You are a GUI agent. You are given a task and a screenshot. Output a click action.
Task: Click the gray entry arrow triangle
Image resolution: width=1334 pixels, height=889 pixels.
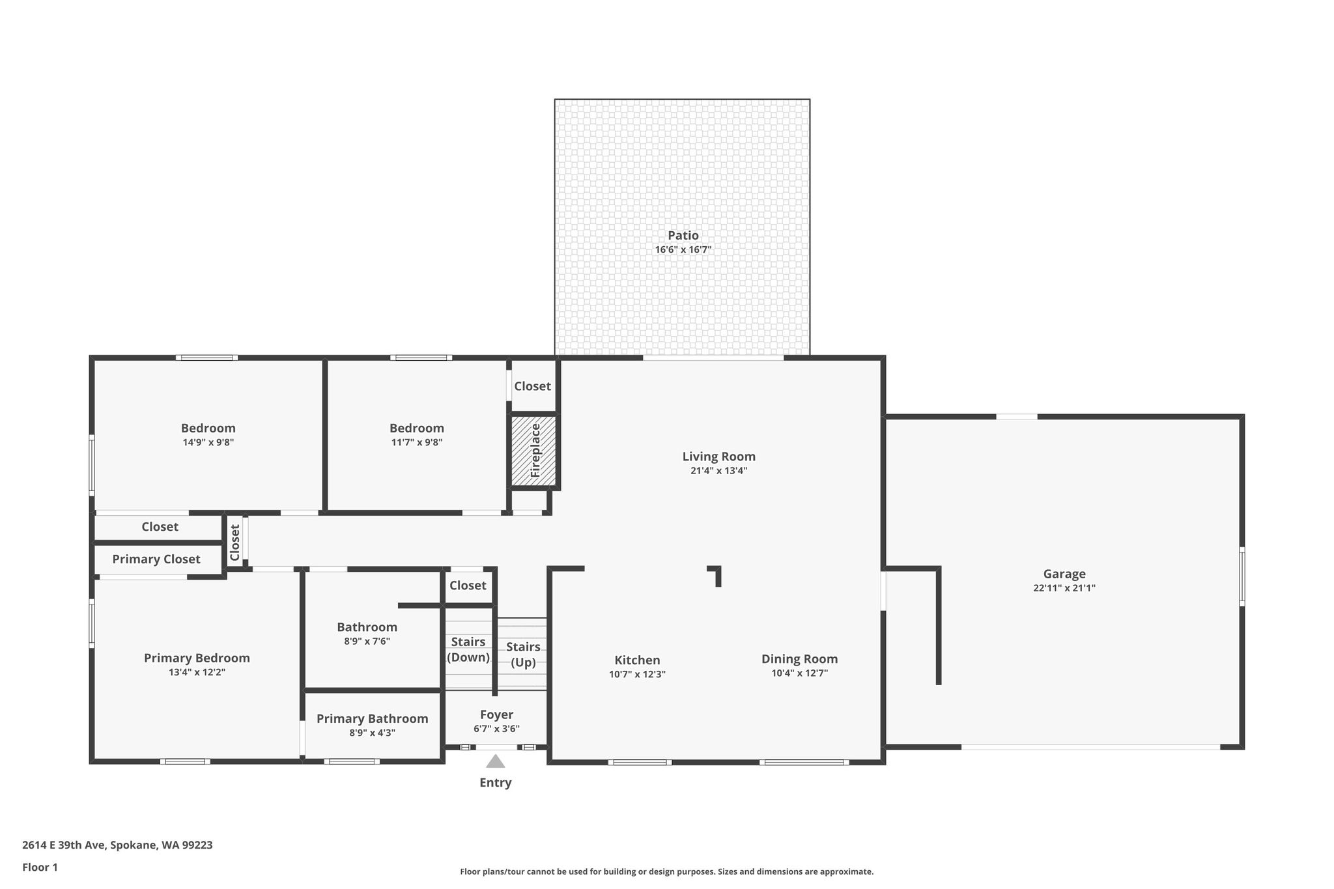[495, 761]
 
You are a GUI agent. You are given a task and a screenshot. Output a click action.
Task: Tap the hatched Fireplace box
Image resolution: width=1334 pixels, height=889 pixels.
[533, 451]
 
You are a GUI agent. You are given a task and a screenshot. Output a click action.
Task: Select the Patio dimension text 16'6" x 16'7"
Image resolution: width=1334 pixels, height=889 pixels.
[683, 249]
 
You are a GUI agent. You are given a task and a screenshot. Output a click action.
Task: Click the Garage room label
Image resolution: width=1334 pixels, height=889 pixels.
[1064, 574]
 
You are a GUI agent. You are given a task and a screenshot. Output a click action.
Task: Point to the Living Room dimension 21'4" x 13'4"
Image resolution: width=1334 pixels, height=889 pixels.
[718, 470]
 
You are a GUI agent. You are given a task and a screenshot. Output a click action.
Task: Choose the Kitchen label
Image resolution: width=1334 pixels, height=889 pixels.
[637, 660]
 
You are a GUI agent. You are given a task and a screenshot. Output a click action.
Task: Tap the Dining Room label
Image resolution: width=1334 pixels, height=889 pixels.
[799, 659]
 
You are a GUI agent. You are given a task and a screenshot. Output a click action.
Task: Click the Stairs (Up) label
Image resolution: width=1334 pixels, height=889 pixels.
[523, 655]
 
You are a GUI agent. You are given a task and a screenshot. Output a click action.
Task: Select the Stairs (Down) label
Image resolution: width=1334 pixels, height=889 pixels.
[468, 649]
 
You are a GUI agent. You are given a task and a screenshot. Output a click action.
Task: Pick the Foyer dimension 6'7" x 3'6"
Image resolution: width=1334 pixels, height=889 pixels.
[496, 729]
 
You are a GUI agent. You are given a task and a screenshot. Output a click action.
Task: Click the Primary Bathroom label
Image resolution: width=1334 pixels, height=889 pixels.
[372, 718]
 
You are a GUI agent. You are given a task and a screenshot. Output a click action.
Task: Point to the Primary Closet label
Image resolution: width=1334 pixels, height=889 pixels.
[156, 559]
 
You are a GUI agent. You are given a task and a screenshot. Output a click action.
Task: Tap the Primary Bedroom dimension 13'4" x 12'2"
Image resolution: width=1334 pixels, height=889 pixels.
[197, 672]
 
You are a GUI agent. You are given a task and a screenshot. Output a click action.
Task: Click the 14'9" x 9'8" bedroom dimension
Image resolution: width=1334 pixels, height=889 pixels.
[208, 442]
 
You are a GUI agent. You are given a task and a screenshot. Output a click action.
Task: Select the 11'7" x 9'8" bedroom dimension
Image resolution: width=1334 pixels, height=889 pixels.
[416, 442]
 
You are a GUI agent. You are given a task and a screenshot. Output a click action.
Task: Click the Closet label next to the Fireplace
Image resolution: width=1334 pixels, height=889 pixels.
[532, 386]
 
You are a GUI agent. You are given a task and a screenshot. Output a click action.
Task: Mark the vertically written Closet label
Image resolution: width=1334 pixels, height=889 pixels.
[234, 543]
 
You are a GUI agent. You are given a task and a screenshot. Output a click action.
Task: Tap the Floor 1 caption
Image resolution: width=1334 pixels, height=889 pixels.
[40, 868]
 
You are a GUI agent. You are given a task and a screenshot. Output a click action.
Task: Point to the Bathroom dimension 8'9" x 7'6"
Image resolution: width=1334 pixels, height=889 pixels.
[367, 641]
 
